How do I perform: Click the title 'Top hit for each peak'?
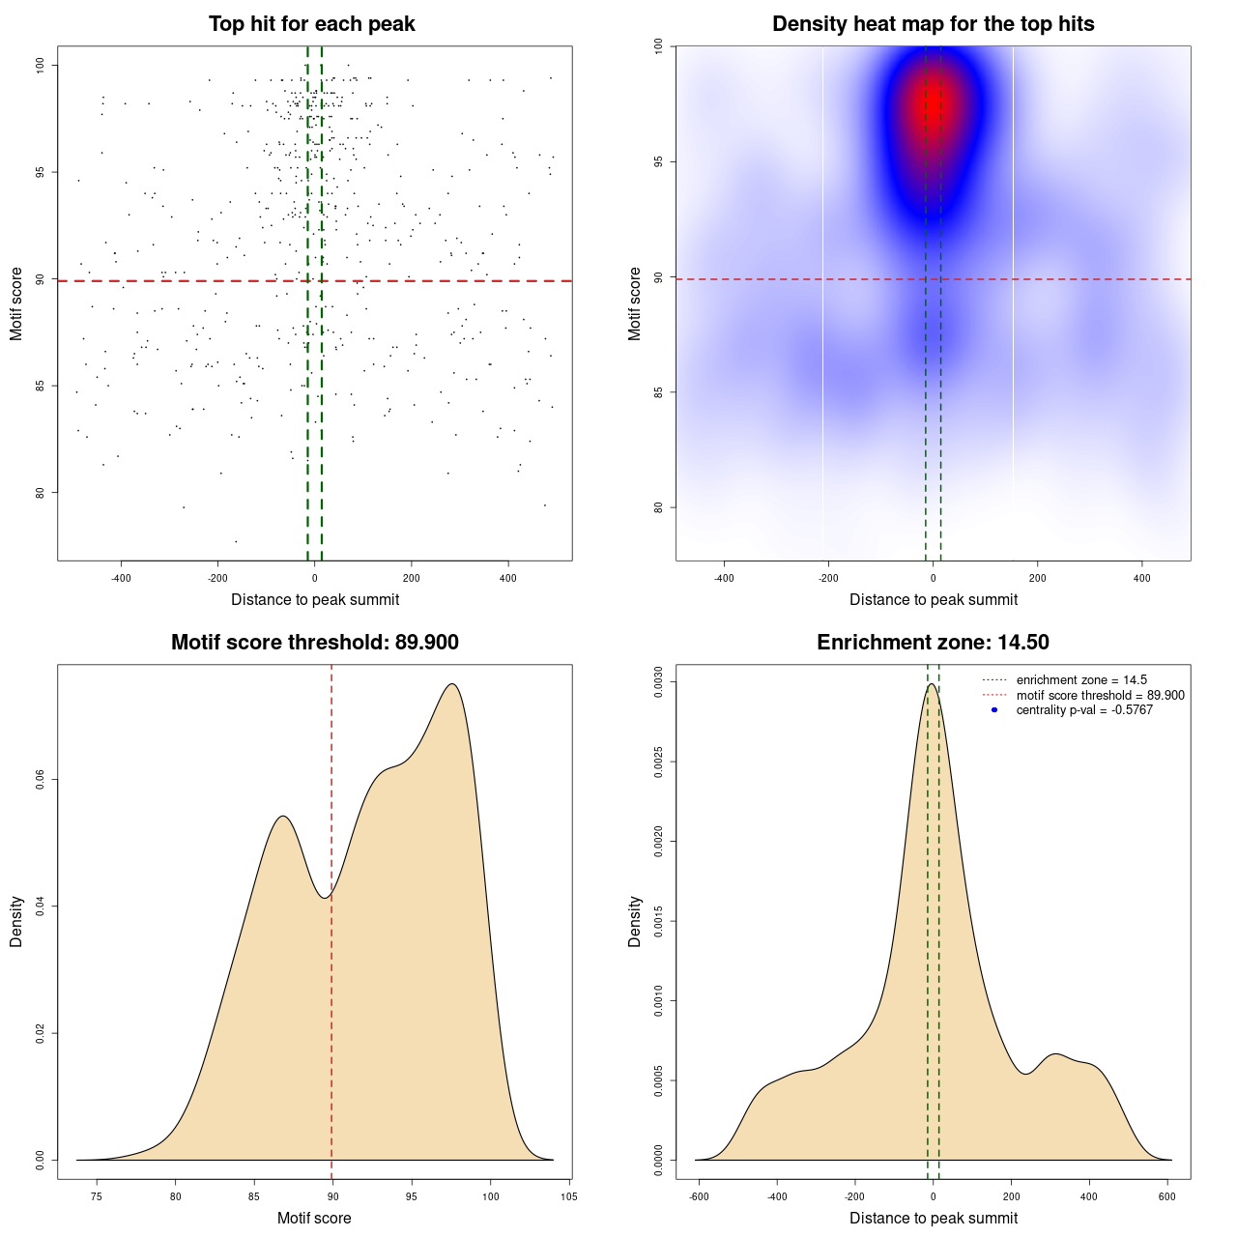pos(311,24)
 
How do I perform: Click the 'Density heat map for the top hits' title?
pos(933,24)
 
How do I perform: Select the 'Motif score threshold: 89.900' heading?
pos(314,643)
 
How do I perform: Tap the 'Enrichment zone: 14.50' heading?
pos(933,643)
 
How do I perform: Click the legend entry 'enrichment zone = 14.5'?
pos(1081,680)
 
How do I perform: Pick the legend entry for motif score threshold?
pos(1100,695)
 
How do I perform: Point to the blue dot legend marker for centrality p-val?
pos(994,710)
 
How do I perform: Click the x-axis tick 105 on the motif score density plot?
pos(569,1196)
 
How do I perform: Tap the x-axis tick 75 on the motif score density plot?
pos(96,1196)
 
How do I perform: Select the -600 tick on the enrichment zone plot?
pos(699,1196)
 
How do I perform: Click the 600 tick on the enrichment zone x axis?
pos(1167,1196)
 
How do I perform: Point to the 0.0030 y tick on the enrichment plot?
pos(658,682)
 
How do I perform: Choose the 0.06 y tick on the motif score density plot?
pos(40,779)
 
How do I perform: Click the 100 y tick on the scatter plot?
pos(40,65)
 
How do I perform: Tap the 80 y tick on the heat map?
pos(658,507)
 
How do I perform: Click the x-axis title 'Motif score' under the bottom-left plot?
pos(314,1218)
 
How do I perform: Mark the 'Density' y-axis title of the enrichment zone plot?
pos(635,921)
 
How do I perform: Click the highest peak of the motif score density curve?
pos(451,684)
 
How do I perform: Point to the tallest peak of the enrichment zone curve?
pos(931,684)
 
